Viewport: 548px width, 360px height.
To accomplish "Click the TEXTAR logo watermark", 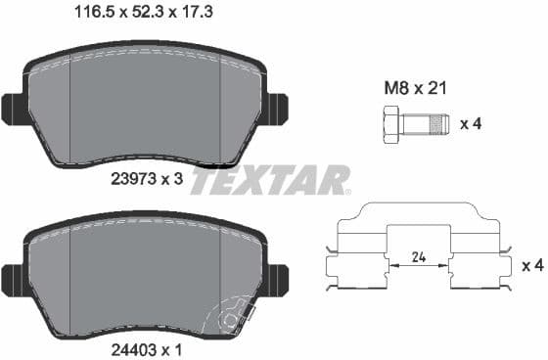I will pyautogui.click(x=270, y=180).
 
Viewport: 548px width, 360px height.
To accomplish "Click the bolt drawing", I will pyautogui.click(x=411, y=124).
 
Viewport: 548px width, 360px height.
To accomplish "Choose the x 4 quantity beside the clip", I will pyautogui.click(x=531, y=265).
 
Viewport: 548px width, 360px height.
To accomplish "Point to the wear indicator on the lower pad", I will pyautogui.click(x=231, y=317).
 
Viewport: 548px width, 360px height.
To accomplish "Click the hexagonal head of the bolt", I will pyautogui.click(x=388, y=124).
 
